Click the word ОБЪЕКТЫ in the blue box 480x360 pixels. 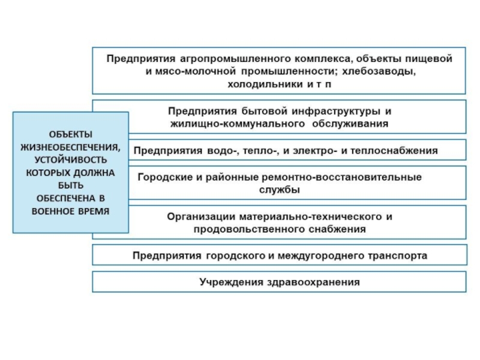point(71,134)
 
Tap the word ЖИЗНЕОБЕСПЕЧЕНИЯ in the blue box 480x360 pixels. point(71,146)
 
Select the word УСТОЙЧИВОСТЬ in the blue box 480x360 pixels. point(71,160)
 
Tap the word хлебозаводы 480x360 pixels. point(379,71)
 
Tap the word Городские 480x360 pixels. point(163,177)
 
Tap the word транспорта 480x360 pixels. point(395,256)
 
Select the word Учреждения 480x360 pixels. point(228,281)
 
